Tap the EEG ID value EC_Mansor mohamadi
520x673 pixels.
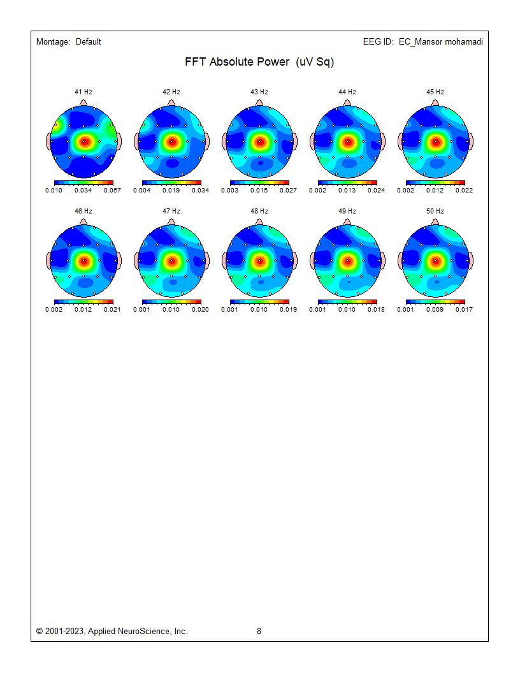[440, 42]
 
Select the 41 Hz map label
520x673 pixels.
[83, 92]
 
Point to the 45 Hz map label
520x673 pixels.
[435, 92]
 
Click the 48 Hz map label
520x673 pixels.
[259, 212]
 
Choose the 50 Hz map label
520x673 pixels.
[435, 212]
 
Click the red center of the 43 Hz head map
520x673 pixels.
[259, 141]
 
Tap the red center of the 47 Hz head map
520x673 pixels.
[171, 261]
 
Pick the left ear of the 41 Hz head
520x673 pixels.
[50, 141]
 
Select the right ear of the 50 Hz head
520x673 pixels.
[470, 261]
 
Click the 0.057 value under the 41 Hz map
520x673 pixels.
[112, 191]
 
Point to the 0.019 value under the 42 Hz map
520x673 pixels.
[171, 191]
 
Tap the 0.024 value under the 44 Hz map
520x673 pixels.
[376, 191]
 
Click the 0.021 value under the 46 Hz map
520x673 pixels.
[112, 310]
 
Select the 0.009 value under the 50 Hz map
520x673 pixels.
[435, 310]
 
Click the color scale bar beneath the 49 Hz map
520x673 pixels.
[347, 301]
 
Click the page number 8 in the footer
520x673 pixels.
[259, 632]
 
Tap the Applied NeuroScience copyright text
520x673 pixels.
[112, 632]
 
